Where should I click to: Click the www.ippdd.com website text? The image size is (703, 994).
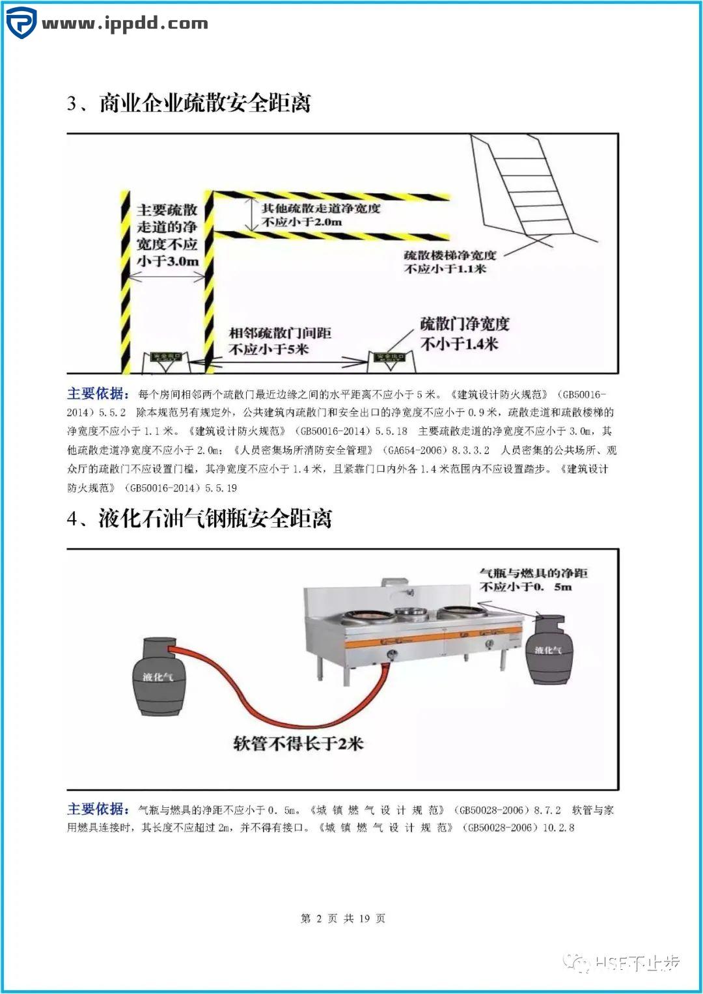click(x=125, y=24)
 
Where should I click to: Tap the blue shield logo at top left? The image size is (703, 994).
click(x=21, y=23)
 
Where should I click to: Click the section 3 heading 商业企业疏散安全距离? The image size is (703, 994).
click(x=189, y=103)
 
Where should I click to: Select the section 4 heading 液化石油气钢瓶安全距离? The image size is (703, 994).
click(x=199, y=518)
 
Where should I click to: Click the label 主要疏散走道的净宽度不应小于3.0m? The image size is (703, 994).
click(x=167, y=235)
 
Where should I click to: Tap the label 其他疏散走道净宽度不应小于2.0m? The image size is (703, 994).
click(x=320, y=215)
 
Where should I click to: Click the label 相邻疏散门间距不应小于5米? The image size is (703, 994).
click(x=280, y=341)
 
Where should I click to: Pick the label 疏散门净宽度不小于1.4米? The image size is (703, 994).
click(x=464, y=333)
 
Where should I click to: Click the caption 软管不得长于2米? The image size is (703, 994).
click(x=298, y=743)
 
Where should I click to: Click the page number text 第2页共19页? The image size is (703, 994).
click(x=343, y=918)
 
